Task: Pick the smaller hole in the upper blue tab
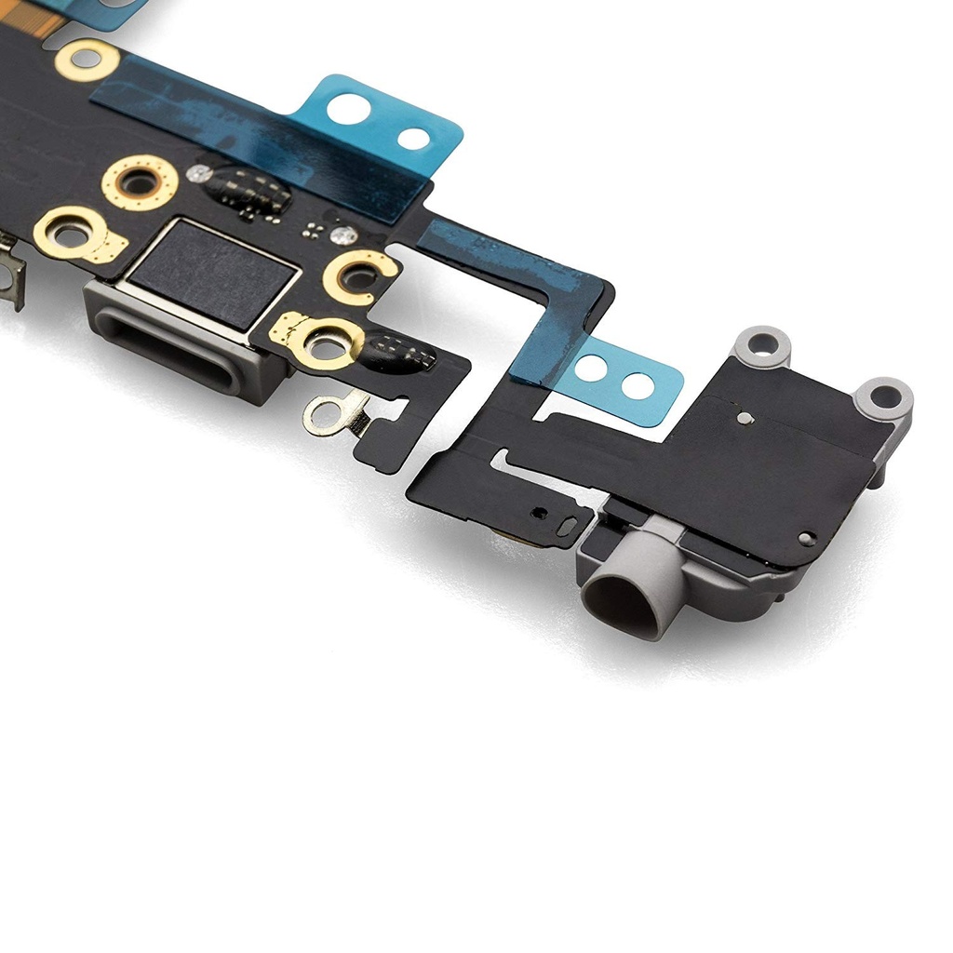414,140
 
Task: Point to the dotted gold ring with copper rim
140,182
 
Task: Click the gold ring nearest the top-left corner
87,59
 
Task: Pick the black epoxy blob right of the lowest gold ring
398,351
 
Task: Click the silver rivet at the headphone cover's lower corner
806,537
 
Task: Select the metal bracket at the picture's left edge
11,275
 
